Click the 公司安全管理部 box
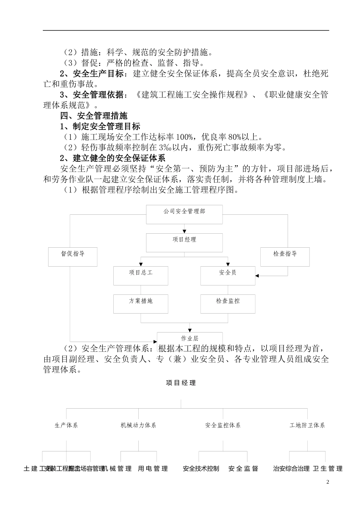click(x=184, y=214)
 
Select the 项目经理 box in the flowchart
click(x=184, y=242)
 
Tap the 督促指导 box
click(x=73, y=256)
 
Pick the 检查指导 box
click(x=285, y=256)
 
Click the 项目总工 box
click(x=141, y=275)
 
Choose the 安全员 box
click(x=228, y=275)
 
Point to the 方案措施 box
click(x=141, y=304)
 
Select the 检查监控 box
click(x=228, y=304)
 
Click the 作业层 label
click(x=190, y=338)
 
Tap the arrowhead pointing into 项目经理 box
click(x=185, y=231)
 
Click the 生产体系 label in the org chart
click(x=66, y=425)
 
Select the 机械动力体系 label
click(x=138, y=425)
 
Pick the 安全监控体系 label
click(x=223, y=425)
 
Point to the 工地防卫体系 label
click(x=307, y=425)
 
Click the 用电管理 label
click(x=153, y=469)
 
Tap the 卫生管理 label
click(x=328, y=469)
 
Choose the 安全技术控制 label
click(x=201, y=469)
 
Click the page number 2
click(x=328, y=482)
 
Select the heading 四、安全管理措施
click(x=94, y=116)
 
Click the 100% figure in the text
click(x=186, y=137)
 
